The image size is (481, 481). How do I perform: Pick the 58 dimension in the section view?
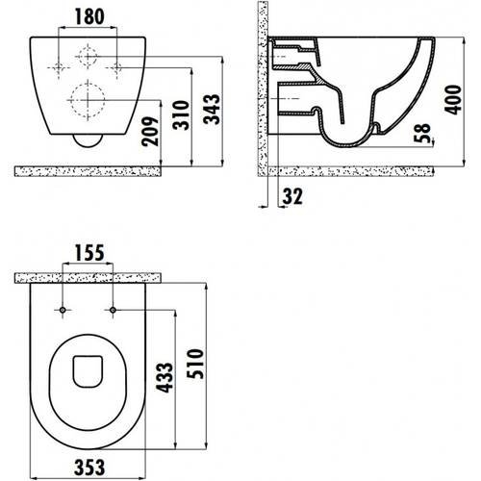pyautogui.click(x=420, y=135)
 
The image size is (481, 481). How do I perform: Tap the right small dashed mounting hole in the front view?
pyautogui.click(x=115, y=66)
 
